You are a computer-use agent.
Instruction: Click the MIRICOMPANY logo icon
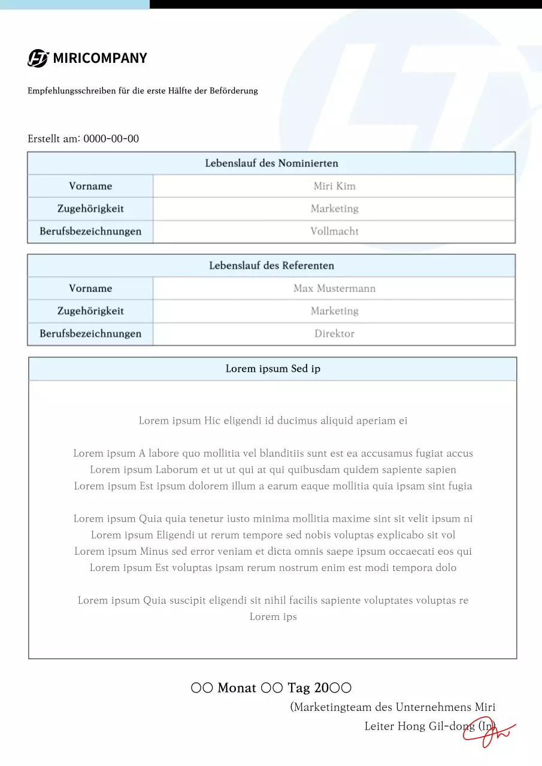pos(38,58)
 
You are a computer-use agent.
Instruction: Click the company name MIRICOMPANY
pos(100,58)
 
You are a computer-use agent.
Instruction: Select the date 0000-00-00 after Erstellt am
pos(111,139)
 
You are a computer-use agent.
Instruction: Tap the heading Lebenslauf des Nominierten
pos(271,163)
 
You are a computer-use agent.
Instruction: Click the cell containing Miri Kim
pos(334,186)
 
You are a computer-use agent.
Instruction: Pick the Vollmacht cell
pos(334,232)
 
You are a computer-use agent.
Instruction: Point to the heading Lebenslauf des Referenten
pos(271,265)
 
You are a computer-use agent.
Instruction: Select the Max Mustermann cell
pos(334,288)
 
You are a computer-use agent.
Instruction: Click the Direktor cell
pos(334,334)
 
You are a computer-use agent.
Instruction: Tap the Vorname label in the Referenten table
pos(90,288)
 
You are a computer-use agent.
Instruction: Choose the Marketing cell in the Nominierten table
pos(334,209)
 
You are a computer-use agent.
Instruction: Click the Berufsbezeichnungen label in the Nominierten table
pos(90,232)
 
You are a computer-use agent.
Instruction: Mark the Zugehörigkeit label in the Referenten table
pos(90,311)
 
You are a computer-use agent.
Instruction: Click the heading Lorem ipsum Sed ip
pos(272,369)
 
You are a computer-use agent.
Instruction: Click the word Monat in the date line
pos(237,688)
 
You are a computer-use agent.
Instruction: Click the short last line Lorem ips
pos(273,617)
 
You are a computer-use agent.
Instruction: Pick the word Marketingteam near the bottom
pos(333,707)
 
